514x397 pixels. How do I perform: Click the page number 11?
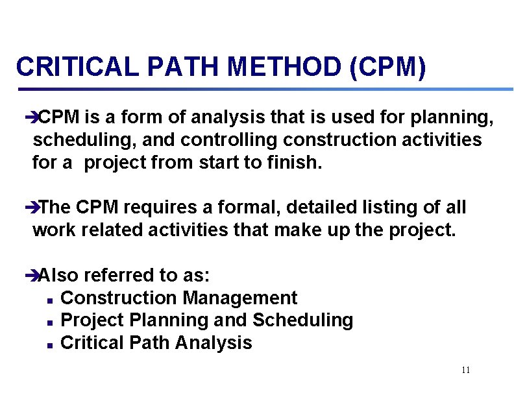(x=465, y=370)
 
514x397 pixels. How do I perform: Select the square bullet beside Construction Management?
(x=50, y=299)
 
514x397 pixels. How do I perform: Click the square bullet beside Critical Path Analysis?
(x=50, y=344)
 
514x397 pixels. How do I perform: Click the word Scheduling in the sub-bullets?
(x=302, y=320)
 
